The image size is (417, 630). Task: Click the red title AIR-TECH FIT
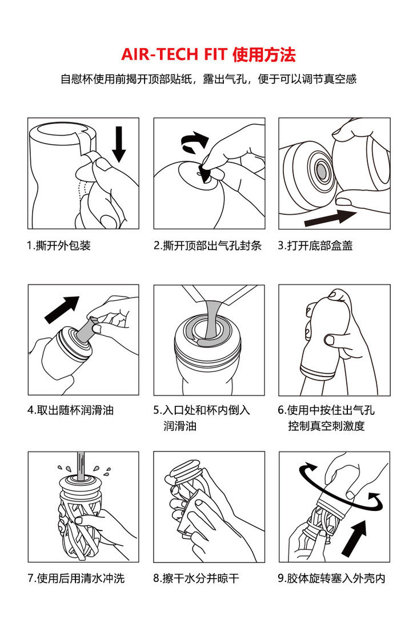click(174, 54)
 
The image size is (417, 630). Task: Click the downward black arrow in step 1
click(119, 144)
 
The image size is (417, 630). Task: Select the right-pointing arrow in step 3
click(330, 217)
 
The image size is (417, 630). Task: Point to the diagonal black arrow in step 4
click(62, 310)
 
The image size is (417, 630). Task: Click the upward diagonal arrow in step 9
click(355, 537)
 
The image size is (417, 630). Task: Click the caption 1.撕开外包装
click(58, 245)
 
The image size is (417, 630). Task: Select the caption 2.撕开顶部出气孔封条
click(208, 245)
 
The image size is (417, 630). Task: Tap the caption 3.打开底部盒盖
click(315, 245)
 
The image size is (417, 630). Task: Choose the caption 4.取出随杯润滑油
click(71, 410)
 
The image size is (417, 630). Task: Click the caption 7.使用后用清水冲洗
click(76, 579)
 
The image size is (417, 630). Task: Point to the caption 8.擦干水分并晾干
click(196, 579)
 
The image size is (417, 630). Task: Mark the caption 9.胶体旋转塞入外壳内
click(331, 579)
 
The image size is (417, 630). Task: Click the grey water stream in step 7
click(81, 466)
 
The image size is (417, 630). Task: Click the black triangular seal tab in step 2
click(205, 173)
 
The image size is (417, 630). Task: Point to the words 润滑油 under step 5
click(180, 426)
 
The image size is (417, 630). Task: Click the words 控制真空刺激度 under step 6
click(326, 426)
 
